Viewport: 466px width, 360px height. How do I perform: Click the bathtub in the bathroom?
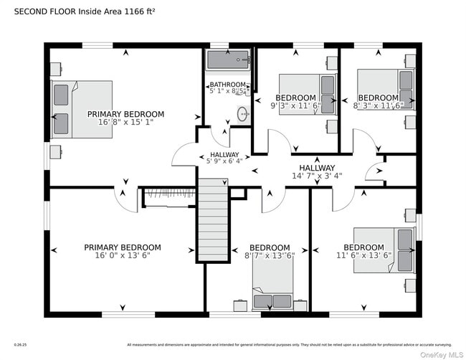[x=228, y=60]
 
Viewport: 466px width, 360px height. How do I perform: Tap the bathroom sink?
[x=243, y=114]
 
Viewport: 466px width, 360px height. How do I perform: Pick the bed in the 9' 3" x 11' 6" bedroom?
[x=308, y=94]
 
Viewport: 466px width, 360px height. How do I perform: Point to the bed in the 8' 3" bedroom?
[x=386, y=89]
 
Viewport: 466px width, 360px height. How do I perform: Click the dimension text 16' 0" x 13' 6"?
[x=122, y=255]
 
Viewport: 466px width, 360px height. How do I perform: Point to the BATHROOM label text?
[x=227, y=85]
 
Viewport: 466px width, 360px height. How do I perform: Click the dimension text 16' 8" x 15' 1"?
[x=125, y=122]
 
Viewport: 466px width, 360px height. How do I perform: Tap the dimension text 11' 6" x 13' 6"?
[x=363, y=255]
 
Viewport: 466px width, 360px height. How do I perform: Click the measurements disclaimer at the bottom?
[x=290, y=345]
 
